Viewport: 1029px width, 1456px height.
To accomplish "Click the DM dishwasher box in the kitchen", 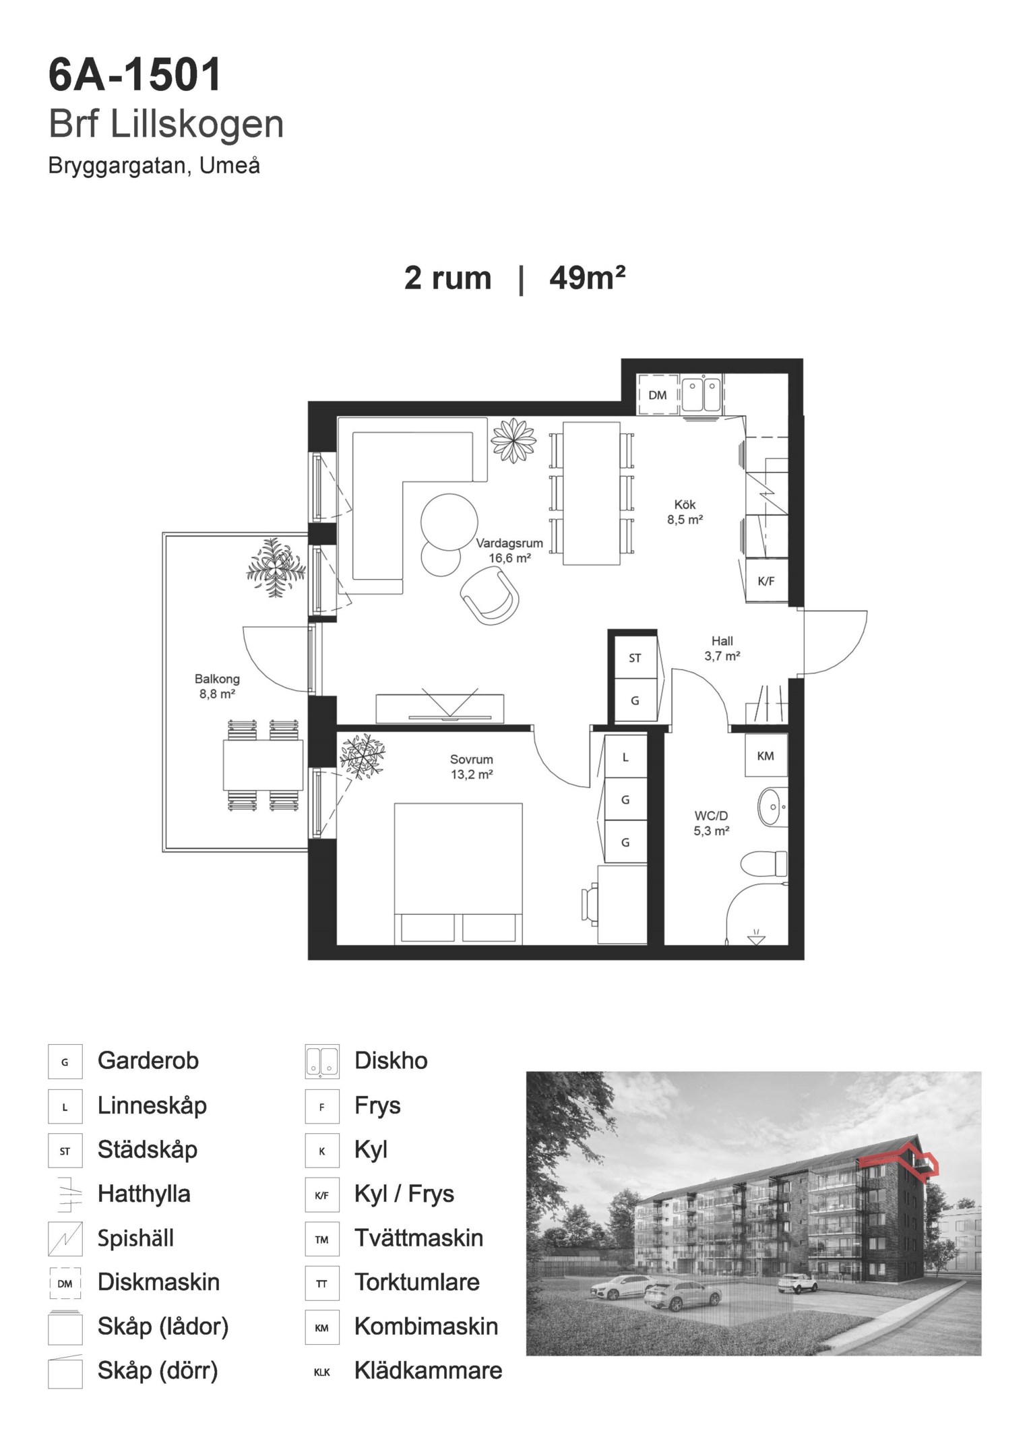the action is tap(657, 395).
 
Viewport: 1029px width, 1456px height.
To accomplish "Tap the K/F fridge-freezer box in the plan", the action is tap(766, 581).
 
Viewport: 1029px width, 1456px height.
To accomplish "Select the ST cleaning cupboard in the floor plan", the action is tap(635, 658).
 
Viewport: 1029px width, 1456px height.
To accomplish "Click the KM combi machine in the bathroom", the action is tap(766, 756).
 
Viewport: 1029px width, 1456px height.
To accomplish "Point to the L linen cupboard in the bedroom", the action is tap(625, 758).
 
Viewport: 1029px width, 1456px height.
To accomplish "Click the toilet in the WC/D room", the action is tap(763, 863).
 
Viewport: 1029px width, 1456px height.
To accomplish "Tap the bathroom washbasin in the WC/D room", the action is tap(772, 806).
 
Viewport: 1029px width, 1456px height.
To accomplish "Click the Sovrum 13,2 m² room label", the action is tap(472, 767).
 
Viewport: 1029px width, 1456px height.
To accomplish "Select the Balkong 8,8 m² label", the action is tap(217, 686).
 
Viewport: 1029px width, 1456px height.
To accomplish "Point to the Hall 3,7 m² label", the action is tap(722, 648).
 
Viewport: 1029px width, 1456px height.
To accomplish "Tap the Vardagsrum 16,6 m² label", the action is tap(509, 551).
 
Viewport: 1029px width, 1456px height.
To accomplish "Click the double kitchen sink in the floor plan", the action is tap(701, 395).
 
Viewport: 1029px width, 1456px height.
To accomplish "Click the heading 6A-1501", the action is tap(135, 74).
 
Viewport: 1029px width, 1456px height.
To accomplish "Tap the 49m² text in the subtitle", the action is tap(588, 278).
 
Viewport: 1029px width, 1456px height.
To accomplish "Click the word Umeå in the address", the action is tap(230, 166).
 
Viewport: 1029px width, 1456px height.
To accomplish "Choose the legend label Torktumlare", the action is tap(417, 1282).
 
